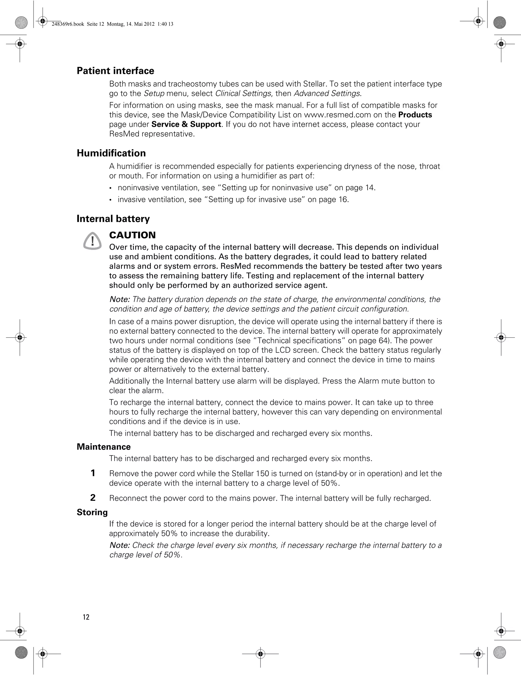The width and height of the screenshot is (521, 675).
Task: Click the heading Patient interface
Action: [x=115, y=71]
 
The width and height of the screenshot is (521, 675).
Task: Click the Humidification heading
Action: [x=111, y=153]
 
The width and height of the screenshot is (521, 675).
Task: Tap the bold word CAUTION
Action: [x=133, y=235]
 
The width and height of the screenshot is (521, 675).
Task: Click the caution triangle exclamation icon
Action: [x=92, y=241]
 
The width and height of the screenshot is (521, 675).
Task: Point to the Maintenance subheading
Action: [x=104, y=447]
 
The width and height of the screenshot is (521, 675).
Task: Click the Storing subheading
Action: [x=92, y=512]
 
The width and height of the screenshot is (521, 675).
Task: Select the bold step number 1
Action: [x=93, y=473]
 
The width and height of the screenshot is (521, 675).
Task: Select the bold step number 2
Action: [x=93, y=498]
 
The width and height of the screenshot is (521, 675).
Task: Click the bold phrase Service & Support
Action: [x=186, y=124]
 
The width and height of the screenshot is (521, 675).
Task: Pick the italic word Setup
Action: [x=154, y=93]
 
